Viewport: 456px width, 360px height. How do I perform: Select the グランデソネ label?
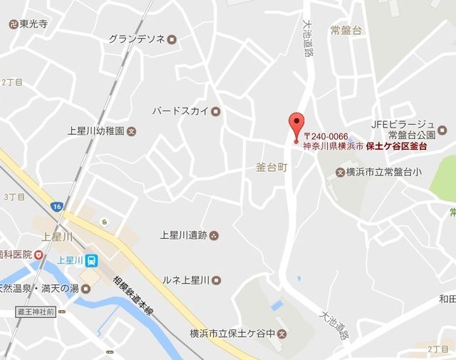click(138, 39)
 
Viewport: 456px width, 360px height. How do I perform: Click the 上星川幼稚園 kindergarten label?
click(97, 131)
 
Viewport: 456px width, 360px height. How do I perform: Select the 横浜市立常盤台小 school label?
click(379, 172)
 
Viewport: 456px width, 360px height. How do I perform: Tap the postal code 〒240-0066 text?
click(326, 135)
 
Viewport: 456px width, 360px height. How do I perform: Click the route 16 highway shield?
click(56, 206)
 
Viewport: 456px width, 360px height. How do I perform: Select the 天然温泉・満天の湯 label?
click(43, 289)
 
